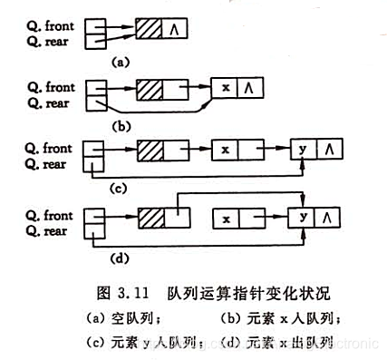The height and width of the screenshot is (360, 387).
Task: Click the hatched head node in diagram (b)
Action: [150, 90]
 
